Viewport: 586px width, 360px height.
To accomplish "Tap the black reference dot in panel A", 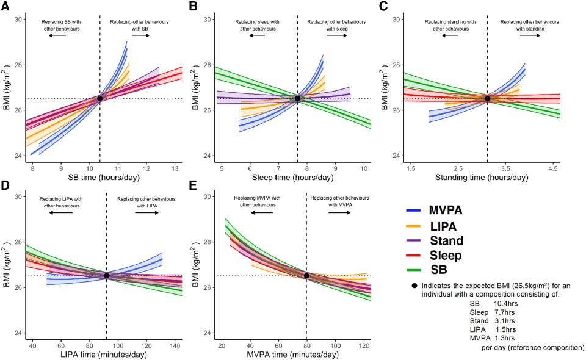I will pos(99,98).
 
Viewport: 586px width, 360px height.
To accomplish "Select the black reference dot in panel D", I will pos(107,276).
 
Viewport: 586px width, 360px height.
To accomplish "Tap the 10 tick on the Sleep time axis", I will pos(363,167).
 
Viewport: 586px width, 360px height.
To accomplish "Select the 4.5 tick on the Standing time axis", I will pos(553,167).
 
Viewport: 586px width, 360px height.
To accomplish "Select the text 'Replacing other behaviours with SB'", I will pos(139,25).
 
